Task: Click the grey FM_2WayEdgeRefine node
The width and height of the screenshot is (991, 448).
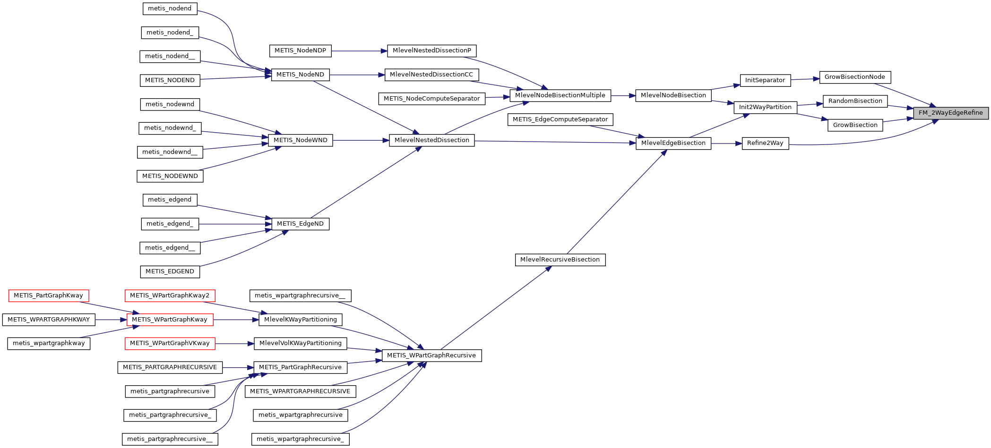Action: click(950, 113)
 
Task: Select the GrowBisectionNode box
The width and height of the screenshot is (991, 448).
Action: click(854, 77)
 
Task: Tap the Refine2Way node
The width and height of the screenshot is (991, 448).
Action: click(765, 143)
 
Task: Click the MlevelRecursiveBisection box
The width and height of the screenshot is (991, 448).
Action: click(560, 260)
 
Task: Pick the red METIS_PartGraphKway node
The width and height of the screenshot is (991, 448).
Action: click(48, 296)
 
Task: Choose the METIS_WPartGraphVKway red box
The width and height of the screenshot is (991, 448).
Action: click(170, 343)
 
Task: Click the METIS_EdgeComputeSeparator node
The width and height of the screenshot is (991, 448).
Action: click(560, 119)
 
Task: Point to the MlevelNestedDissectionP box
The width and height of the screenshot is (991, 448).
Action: click(431, 51)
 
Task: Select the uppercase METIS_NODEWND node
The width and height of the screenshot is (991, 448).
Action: click(170, 176)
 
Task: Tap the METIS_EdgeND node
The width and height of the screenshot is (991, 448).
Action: click(300, 224)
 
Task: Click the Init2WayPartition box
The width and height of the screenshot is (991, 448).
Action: click(765, 107)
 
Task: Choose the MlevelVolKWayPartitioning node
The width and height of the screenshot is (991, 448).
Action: click(300, 343)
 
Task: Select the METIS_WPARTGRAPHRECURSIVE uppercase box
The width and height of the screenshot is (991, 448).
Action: click(300, 391)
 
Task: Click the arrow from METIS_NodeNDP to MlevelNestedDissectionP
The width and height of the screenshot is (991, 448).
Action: click(359, 51)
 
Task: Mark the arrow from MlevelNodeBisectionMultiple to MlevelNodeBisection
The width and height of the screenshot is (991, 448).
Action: click(623, 95)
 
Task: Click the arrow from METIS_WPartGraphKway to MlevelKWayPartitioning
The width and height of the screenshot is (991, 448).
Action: click(236, 320)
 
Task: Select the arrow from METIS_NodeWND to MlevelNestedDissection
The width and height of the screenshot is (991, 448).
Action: click(361, 140)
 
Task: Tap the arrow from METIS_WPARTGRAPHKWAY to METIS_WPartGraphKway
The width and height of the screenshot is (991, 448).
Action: click(111, 320)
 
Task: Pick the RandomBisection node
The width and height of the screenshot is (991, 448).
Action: click(855, 101)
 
